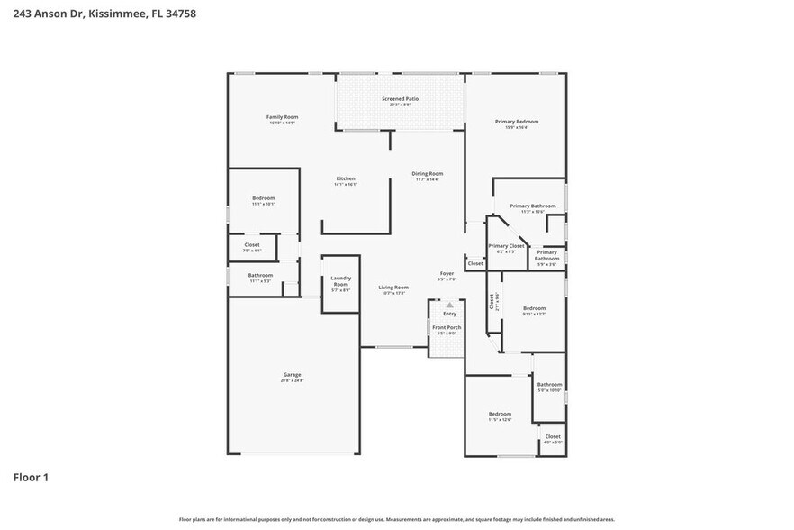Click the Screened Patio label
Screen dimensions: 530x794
coord(400,99)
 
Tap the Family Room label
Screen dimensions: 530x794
coord(282,117)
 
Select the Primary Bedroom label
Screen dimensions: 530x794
coord(516,122)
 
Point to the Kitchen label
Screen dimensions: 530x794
coord(346,178)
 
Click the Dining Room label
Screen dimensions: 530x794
coord(428,174)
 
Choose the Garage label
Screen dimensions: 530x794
coord(293,374)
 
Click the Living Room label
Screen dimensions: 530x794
coord(393,288)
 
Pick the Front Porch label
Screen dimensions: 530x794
coord(447,328)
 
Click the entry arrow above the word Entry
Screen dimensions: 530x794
coord(449,305)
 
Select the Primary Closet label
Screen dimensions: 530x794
coord(506,246)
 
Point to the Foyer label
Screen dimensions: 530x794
coord(447,273)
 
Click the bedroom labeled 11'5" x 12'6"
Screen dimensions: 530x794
coord(500,415)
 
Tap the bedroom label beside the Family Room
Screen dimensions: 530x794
coord(263,198)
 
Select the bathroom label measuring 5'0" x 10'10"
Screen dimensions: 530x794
coord(549,385)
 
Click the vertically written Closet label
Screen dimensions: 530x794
coord(492,302)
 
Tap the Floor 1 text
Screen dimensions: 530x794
coord(30,477)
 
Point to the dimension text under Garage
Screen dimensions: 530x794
coord(293,380)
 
